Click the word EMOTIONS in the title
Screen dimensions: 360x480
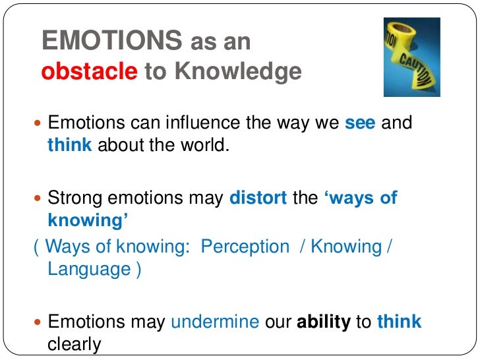[x=111, y=41]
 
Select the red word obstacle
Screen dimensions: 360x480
[x=88, y=71]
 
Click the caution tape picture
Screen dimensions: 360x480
[x=411, y=57]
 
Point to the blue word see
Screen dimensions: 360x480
[x=360, y=123]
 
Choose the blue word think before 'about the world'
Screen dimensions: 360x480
[x=69, y=145]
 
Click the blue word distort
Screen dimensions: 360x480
[x=258, y=198]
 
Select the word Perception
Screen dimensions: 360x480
[x=245, y=247]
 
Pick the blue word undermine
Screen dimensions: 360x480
[x=215, y=322]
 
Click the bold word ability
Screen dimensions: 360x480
[x=324, y=322]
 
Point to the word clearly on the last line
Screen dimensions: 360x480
[x=75, y=344]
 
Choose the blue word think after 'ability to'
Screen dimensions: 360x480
[x=399, y=322]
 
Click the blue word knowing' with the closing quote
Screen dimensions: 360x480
[x=88, y=220]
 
